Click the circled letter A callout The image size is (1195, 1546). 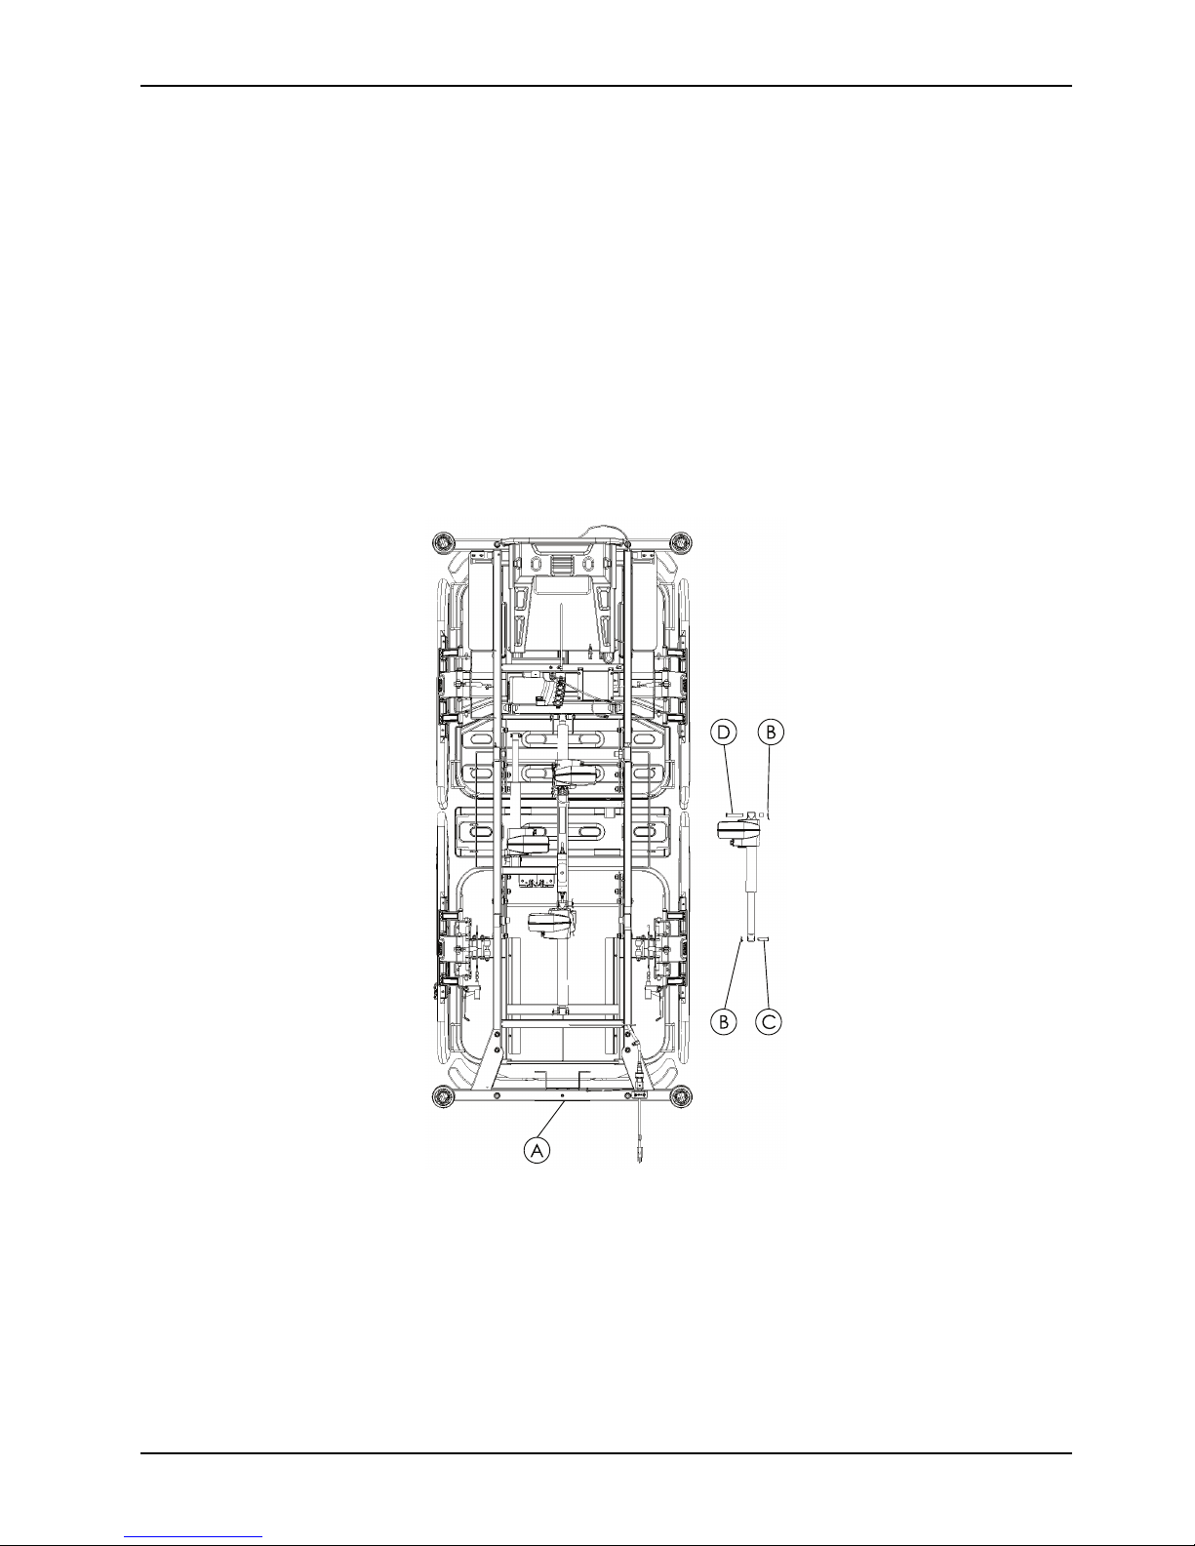click(x=538, y=1150)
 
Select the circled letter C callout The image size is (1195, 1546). click(x=769, y=1021)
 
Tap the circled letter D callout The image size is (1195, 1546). click(x=724, y=733)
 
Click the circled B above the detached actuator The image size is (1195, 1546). click(x=771, y=733)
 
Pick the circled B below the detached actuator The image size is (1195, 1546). click(x=724, y=1021)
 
